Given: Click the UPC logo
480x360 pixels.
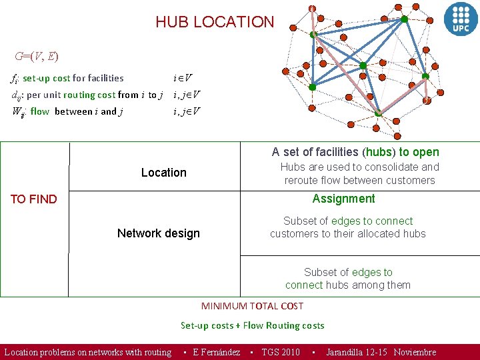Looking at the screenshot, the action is (x=461, y=17).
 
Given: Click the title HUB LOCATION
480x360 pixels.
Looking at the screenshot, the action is (x=215, y=22).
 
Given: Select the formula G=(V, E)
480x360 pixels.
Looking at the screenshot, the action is (x=37, y=56).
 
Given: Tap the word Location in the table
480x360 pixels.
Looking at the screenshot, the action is (x=163, y=173).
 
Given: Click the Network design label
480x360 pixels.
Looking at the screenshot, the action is (x=158, y=233).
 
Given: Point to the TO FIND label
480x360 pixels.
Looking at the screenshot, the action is (x=33, y=199).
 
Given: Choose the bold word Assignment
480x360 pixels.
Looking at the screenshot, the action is (x=343, y=199).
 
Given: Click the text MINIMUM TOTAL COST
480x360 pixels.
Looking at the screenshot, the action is (x=252, y=306).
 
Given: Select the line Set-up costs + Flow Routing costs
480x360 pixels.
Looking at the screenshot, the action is (x=252, y=325).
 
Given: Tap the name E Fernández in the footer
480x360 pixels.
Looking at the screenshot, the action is (x=216, y=352).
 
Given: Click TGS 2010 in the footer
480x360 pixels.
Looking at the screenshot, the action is (x=280, y=352).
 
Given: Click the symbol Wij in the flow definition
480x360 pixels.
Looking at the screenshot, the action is (x=18, y=112).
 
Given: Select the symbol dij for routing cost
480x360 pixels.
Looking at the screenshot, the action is (x=16, y=95).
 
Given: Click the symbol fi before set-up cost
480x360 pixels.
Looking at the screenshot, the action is (x=14, y=79).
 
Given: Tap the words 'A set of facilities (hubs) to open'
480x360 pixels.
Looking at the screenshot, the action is (x=355, y=152).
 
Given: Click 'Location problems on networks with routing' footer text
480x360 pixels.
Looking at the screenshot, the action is (x=88, y=352).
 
